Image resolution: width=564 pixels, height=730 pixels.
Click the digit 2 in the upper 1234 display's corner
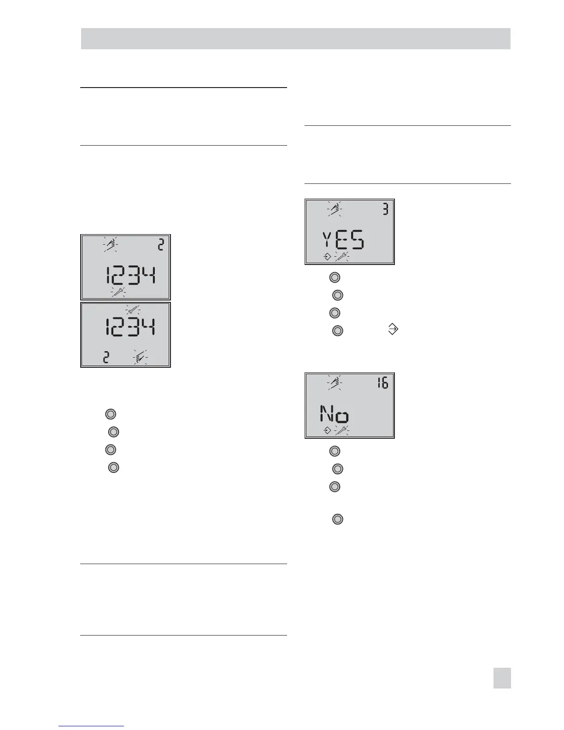(161, 244)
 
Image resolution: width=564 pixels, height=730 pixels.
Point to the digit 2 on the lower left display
(106, 357)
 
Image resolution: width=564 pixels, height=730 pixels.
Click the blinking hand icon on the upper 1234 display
(110, 244)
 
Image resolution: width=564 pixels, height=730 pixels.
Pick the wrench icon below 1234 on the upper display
(119, 292)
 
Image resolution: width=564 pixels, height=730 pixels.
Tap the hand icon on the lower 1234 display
(141, 357)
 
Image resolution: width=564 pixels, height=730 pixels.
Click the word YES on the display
(343, 241)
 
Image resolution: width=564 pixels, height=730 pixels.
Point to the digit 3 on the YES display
(385, 209)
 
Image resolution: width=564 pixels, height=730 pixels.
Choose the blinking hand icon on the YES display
(334, 209)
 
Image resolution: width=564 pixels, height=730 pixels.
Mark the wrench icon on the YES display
(341, 257)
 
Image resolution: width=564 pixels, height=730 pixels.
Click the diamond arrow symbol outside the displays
(393, 329)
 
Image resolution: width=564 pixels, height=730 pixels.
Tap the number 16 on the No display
(382, 383)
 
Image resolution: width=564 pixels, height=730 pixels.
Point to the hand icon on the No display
(334, 383)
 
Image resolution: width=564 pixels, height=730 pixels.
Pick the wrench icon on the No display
(341, 430)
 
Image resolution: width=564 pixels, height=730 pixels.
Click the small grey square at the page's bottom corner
(502, 678)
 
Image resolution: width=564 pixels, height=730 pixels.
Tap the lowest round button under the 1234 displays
(113, 467)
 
